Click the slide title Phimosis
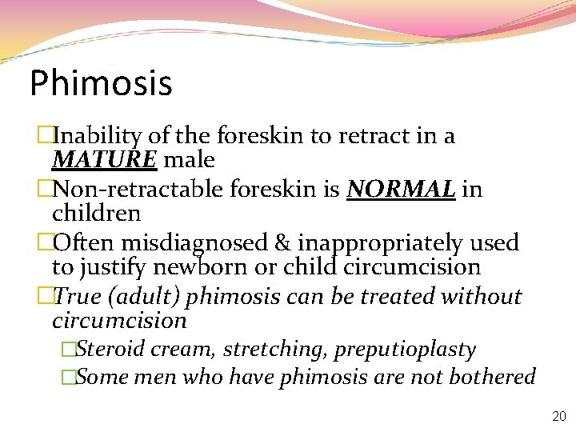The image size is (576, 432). click(101, 83)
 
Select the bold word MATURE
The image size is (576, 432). click(104, 160)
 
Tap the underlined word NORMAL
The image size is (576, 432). click(401, 190)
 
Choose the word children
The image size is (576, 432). click(96, 214)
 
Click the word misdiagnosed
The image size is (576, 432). click(187, 243)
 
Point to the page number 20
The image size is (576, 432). click(558, 416)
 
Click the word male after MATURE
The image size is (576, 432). click(189, 160)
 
